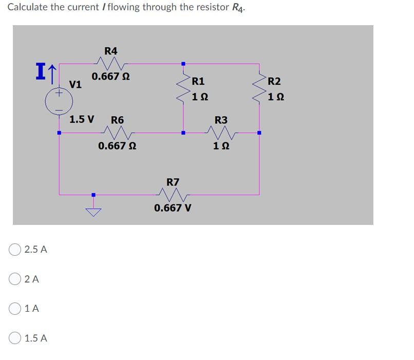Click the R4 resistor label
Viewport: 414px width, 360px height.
(110, 51)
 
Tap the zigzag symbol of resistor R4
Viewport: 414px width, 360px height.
(111, 64)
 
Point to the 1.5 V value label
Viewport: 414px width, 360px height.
(82, 120)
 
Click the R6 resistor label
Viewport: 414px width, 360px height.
(118, 120)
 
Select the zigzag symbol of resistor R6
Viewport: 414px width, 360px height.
(118, 133)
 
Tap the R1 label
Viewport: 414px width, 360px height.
(198, 81)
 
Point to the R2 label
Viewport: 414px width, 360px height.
(275, 81)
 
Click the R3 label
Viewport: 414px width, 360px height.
(221, 120)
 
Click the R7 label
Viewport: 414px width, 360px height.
(173, 182)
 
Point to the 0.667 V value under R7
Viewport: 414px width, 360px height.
(173, 208)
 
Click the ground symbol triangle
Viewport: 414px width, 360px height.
(93, 209)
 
